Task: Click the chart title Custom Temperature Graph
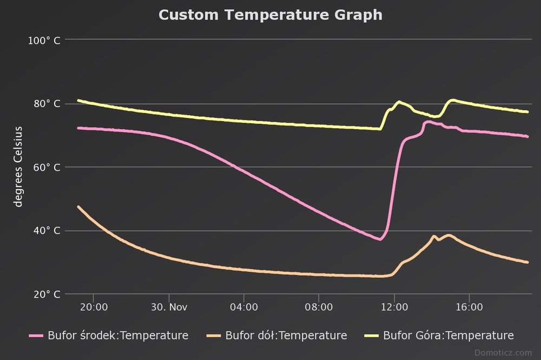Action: pos(270,15)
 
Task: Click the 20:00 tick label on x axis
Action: pos(94,308)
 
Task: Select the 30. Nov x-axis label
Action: pos(169,308)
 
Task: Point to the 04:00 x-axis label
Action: pos(244,308)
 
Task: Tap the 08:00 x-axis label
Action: pos(319,308)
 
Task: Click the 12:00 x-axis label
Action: pos(394,308)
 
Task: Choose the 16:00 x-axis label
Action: pos(469,308)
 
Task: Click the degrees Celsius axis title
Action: pos(18,166)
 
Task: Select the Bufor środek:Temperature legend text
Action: pos(118,336)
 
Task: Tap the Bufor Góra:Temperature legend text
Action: pos(448,336)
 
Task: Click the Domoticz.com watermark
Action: pos(503,352)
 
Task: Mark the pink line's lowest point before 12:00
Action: pos(380,239)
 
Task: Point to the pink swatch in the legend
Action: pos(36,336)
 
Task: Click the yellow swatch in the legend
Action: pos(371,336)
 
